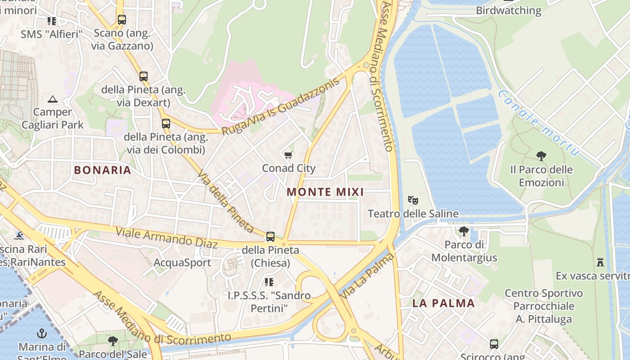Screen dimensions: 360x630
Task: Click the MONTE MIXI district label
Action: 325,192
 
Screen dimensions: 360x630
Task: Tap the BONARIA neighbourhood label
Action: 103,170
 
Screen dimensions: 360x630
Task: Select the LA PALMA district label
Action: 444,303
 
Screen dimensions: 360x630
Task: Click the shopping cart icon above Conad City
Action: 288,155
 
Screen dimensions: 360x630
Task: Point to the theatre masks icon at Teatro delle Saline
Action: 413,200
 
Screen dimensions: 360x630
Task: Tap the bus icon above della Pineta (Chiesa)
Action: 270,237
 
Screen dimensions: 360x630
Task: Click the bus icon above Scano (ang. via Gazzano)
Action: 122,20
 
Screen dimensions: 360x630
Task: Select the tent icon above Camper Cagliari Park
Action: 53,99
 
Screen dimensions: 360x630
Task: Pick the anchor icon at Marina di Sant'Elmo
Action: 42,334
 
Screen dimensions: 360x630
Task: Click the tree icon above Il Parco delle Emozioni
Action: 541,156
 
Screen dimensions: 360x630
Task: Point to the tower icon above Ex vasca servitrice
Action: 600,262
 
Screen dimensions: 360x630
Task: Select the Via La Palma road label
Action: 367,276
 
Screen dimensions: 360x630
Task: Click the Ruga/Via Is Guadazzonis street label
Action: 279,107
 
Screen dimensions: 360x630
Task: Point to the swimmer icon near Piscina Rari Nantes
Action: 19,236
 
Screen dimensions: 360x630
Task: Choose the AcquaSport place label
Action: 182,262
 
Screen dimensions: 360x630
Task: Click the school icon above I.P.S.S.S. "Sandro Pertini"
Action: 269,282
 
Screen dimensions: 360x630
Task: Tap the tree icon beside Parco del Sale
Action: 113,341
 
